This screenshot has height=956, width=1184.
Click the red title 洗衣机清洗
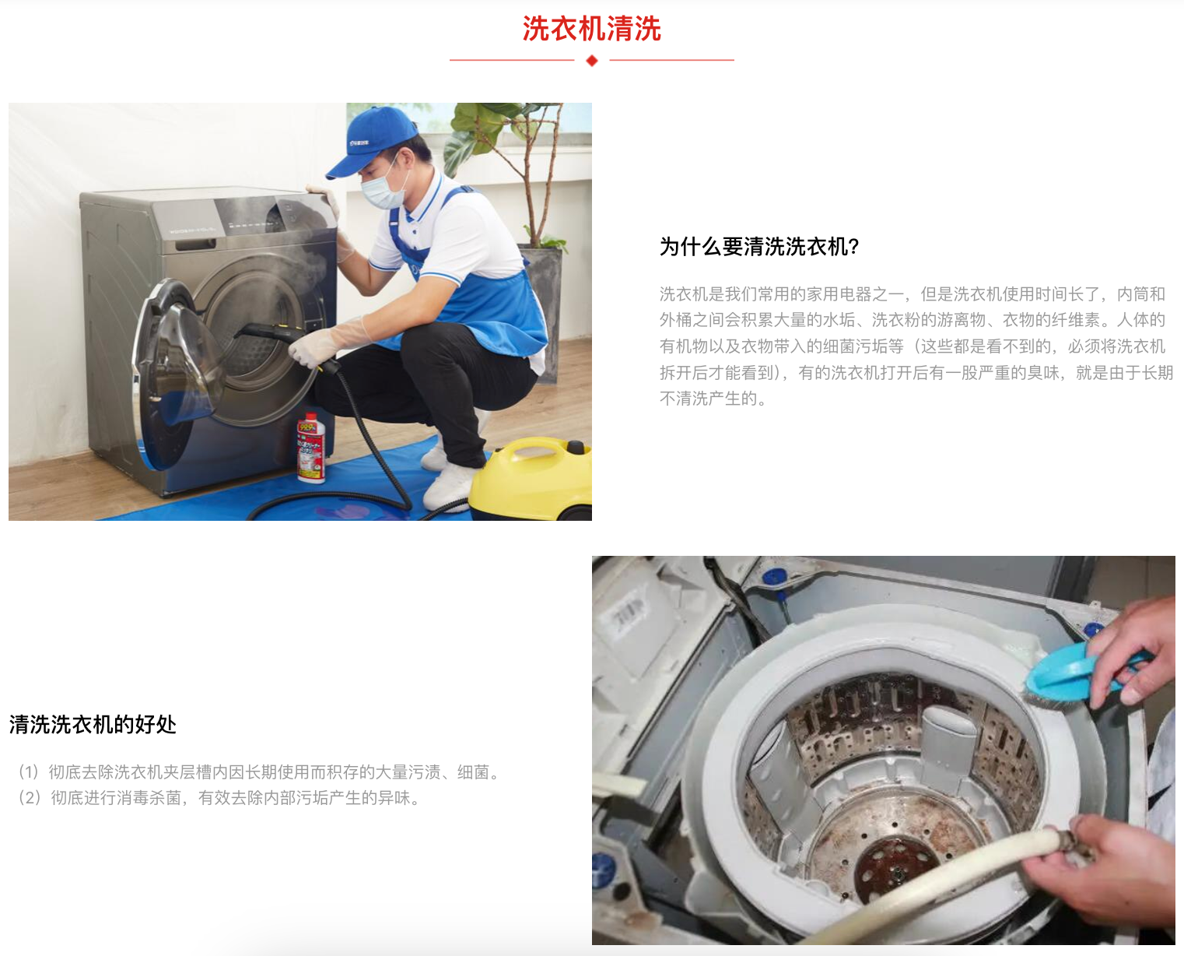[x=591, y=29]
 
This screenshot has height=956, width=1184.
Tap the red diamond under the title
[x=592, y=61]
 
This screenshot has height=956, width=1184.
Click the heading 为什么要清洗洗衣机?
[x=759, y=247]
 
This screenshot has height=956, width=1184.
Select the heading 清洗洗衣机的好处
[x=93, y=725]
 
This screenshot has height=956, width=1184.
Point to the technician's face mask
[x=385, y=188]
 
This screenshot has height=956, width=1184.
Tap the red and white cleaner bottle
[x=311, y=447]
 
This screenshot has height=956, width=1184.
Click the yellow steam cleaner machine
[x=530, y=478]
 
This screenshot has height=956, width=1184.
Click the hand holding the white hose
[x=1106, y=870]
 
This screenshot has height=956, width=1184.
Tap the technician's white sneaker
[x=448, y=487]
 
